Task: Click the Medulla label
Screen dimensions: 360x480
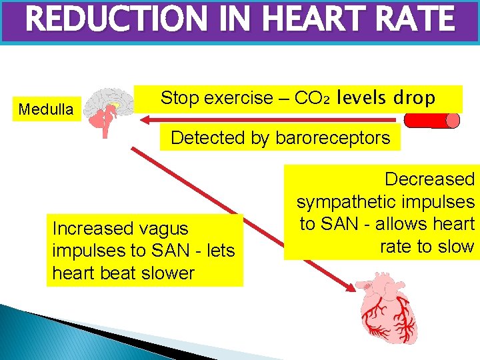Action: click(x=46, y=109)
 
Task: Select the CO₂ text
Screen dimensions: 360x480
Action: click(x=313, y=99)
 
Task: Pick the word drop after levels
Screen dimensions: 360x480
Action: click(x=414, y=98)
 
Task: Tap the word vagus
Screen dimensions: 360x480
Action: click(x=163, y=229)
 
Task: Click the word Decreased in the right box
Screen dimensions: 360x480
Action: click(x=430, y=179)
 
